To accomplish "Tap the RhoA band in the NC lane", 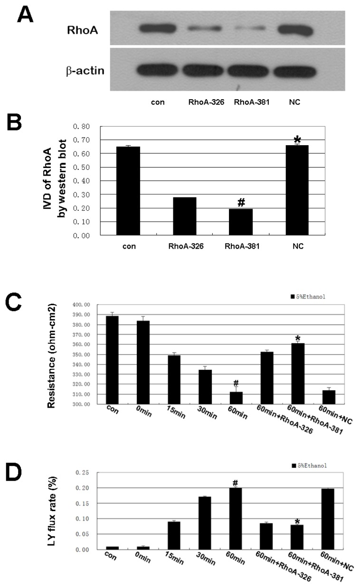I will point(295,30).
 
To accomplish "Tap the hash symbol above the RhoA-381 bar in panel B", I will point(241,203).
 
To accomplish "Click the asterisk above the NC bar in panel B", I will point(297,140).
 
